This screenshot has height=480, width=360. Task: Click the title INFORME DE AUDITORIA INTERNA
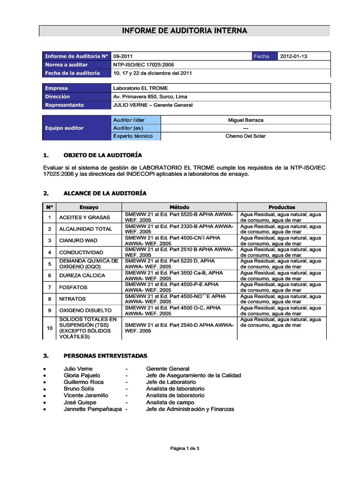point(184,31)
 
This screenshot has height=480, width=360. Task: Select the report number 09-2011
point(123,56)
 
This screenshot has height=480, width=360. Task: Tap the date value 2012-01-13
point(293,56)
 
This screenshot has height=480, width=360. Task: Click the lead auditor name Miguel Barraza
point(245,120)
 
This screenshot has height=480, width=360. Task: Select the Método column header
point(179,207)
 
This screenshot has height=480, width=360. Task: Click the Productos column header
point(281,207)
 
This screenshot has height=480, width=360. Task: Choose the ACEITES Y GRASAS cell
point(84,217)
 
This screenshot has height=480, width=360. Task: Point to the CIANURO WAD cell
point(78,240)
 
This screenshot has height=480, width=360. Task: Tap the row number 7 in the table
point(49,287)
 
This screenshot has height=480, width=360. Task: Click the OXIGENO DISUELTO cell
point(85,310)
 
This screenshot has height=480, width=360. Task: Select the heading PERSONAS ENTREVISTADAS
point(105,356)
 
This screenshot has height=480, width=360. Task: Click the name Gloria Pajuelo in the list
point(82,375)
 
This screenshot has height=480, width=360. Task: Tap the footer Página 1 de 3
point(184,449)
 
